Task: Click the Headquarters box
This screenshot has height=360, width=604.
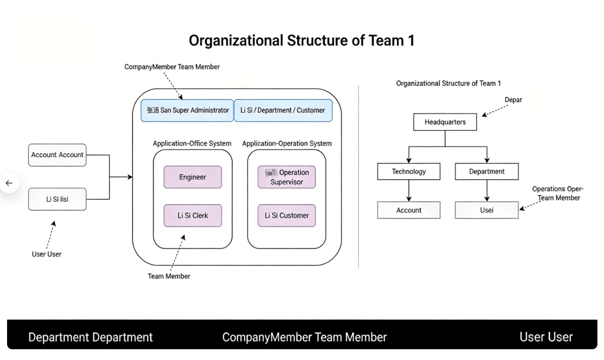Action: tap(445, 122)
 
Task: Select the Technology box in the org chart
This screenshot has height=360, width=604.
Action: tap(408, 171)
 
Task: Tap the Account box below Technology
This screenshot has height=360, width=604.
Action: tap(408, 210)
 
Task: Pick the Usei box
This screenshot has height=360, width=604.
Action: tap(486, 210)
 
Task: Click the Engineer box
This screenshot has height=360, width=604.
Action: tap(193, 177)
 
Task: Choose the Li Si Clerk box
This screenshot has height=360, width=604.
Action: tap(193, 215)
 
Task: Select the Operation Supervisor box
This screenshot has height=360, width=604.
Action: tap(287, 177)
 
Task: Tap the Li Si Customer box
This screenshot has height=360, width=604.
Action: tap(287, 215)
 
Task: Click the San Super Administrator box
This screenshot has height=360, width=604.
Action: tap(188, 110)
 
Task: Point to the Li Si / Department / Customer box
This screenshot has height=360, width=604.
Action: tap(283, 110)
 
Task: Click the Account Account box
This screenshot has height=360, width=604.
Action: tap(57, 155)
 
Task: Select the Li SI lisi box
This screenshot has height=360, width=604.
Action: tap(57, 199)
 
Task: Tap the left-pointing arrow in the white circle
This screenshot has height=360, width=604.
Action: tap(9, 183)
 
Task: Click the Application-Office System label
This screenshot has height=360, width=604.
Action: tap(192, 144)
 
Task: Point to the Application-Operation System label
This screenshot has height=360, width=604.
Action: tap(287, 144)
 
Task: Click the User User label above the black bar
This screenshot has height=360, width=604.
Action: tap(47, 254)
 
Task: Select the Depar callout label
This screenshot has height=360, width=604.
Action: tap(513, 100)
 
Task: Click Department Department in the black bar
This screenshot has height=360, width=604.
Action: tap(90, 337)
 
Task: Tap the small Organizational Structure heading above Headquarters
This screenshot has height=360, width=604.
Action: tap(448, 83)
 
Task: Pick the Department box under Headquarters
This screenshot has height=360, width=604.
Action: tap(486, 171)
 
